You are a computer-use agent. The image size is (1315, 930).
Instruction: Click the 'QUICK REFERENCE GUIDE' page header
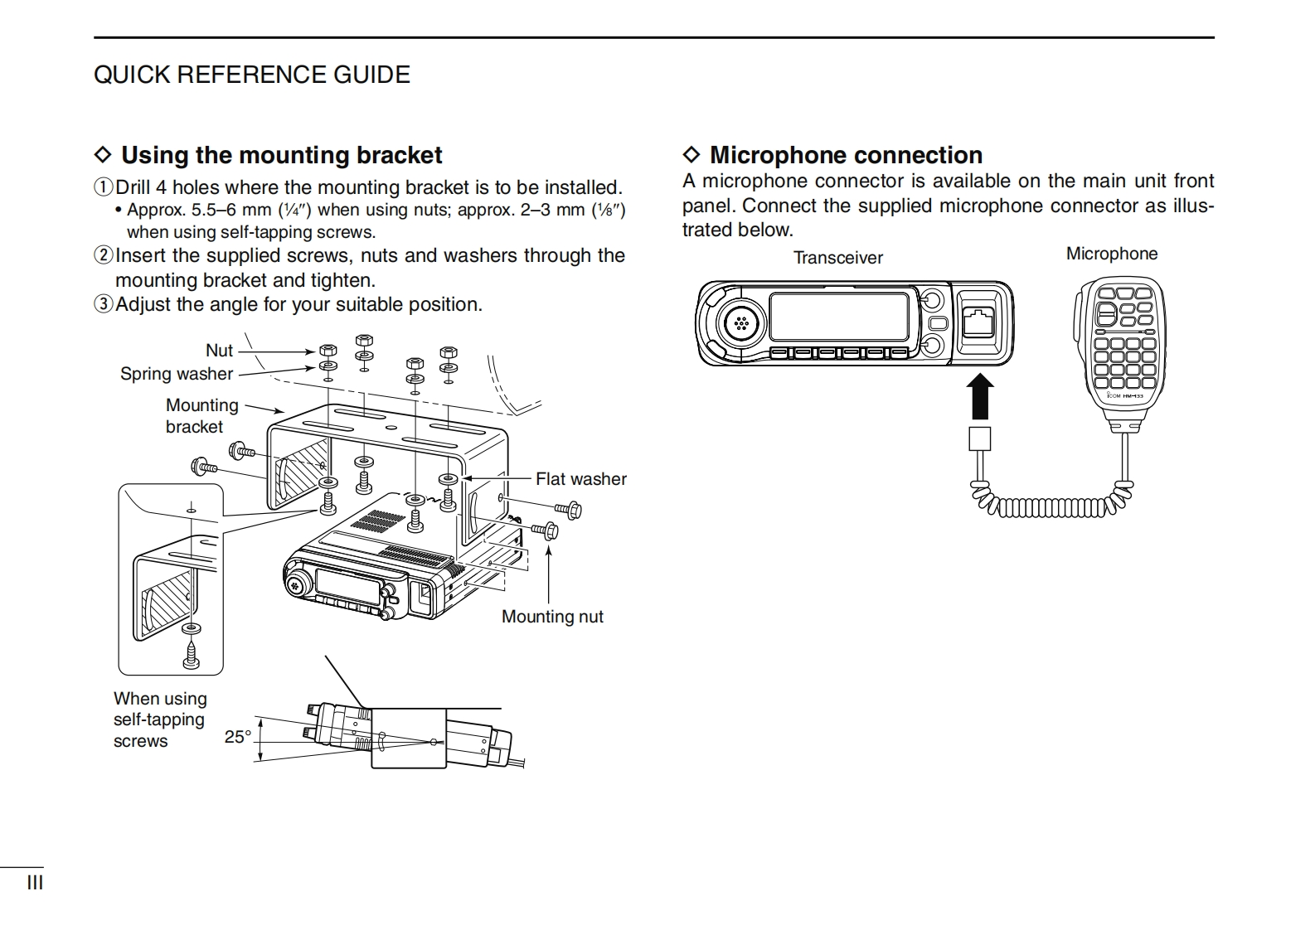click(x=251, y=75)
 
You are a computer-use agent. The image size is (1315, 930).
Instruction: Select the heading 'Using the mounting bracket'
click(x=281, y=155)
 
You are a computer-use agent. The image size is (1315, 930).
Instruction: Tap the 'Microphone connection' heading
click(x=846, y=155)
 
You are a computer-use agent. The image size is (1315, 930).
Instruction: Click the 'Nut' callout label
click(x=219, y=351)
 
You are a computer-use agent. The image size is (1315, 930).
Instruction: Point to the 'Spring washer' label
click(x=176, y=374)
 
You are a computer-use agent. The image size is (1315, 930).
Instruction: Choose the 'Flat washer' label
click(x=580, y=479)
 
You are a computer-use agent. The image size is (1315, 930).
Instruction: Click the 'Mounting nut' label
click(x=552, y=617)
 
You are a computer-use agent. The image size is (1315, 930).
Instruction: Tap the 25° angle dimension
click(x=237, y=736)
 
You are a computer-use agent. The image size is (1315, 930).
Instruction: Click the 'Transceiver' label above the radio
click(x=837, y=258)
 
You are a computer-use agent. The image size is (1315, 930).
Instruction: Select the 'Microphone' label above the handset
click(x=1111, y=254)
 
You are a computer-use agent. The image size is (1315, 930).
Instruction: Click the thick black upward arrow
click(x=980, y=397)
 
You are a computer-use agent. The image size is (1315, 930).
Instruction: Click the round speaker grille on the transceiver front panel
click(x=741, y=323)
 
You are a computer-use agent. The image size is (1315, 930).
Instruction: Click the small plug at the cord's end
click(x=980, y=439)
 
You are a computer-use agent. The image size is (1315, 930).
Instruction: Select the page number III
click(x=35, y=883)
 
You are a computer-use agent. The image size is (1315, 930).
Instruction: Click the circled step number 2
click(x=104, y=255)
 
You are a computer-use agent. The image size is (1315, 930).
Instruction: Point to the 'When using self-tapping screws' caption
click(x=159, y=719)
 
